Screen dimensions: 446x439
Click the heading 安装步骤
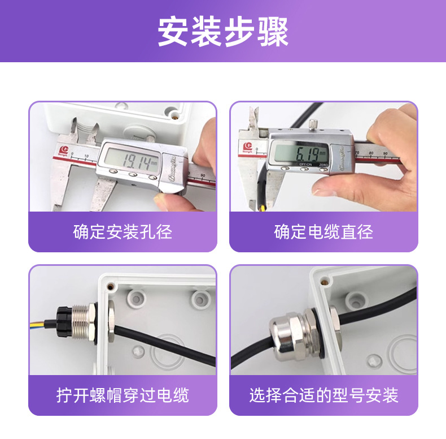[223, 31]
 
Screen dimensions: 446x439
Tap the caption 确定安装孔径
[123, 232]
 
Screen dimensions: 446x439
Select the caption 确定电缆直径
[323, 232]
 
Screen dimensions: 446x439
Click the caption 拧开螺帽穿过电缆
[123, 395]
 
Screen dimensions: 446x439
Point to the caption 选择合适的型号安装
[323, 395]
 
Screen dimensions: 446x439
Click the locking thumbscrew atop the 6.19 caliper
[313, 124]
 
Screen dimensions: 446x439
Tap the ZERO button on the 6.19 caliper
[323, 169]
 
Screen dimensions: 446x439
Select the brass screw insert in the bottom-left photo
[110, 286]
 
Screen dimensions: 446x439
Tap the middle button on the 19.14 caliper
[132, 174]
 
